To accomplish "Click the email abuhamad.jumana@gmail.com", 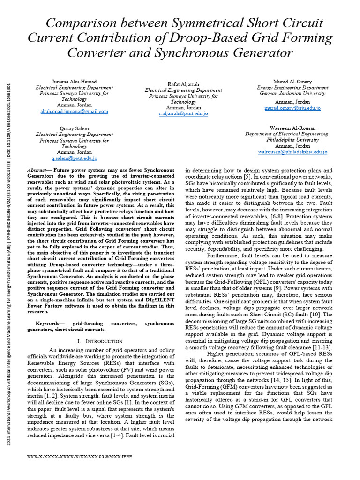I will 74,112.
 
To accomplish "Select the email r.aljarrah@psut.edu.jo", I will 183,114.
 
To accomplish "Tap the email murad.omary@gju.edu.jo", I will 292,108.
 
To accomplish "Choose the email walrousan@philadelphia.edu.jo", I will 292,152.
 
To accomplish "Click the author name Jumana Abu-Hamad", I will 74,81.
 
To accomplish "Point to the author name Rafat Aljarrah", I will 183,84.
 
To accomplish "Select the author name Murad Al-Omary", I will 292,81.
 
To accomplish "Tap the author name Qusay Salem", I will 74,128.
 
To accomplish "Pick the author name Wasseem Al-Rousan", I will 292,127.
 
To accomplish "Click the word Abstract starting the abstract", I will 38,170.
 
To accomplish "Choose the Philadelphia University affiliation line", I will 292,140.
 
